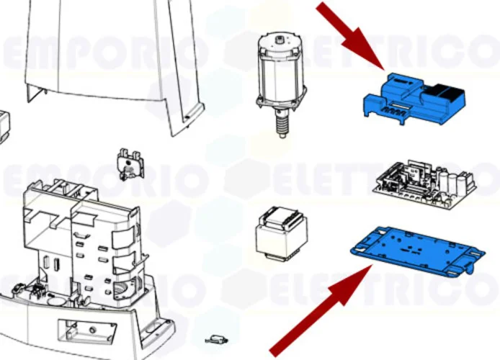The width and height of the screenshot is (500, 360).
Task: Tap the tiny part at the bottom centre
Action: [216, 338]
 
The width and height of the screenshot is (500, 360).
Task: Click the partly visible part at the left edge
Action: [4, 125]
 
